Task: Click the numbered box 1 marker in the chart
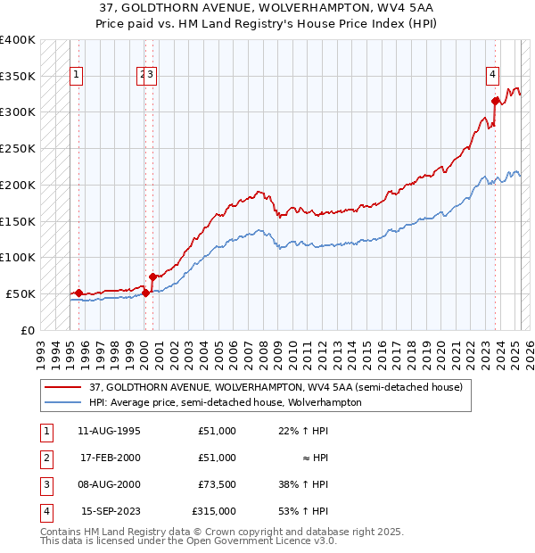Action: pyautogui.click(x=78, y=76)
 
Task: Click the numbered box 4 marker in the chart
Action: pyautogui.click(x=492, y=76)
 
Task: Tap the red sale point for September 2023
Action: pyautogui.click(x=495, y=100)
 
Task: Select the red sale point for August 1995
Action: pyautogui.click(x=78, y=293)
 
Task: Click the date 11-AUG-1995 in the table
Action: pyautogui.click(x=110, y=431)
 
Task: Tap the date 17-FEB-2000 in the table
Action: pyautogui.click(x=110, y=458)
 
